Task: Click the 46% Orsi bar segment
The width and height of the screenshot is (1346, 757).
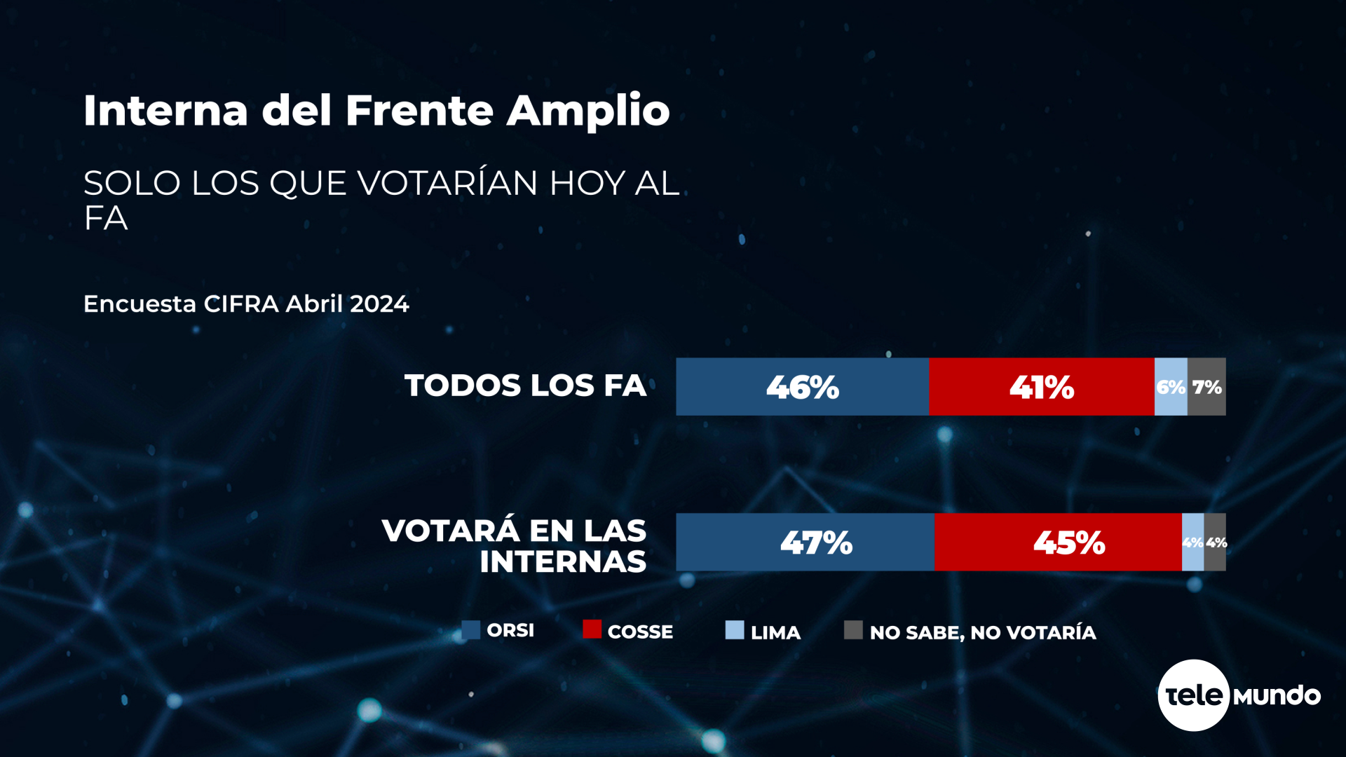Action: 802,387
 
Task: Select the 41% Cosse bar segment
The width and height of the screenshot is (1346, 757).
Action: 1041,387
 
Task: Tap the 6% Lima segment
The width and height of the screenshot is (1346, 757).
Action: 1171,387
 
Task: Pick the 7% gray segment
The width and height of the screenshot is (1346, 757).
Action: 1206,387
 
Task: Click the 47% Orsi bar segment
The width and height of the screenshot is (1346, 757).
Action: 805,543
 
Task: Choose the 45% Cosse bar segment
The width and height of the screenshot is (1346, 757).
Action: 1058,543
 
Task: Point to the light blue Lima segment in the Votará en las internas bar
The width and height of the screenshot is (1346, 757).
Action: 1192,543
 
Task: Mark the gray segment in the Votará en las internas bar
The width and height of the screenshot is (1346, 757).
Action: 1216,543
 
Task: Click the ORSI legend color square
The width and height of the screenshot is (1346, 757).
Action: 470,630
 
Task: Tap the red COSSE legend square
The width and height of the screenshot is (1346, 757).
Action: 592,629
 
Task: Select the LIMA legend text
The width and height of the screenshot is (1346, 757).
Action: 775,633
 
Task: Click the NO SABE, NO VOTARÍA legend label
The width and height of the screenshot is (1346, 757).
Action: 983,633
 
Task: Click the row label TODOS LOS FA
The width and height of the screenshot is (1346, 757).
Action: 525,386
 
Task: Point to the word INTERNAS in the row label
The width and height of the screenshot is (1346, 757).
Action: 563,562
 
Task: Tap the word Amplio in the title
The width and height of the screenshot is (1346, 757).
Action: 588,111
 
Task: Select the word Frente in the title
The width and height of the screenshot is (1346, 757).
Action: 420,111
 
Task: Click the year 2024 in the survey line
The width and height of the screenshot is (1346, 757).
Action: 379,304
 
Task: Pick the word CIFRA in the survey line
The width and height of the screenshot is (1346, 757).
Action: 241,304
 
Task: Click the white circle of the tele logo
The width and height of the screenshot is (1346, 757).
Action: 1193,695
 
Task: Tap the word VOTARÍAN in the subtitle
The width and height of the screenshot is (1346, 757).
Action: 447,184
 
